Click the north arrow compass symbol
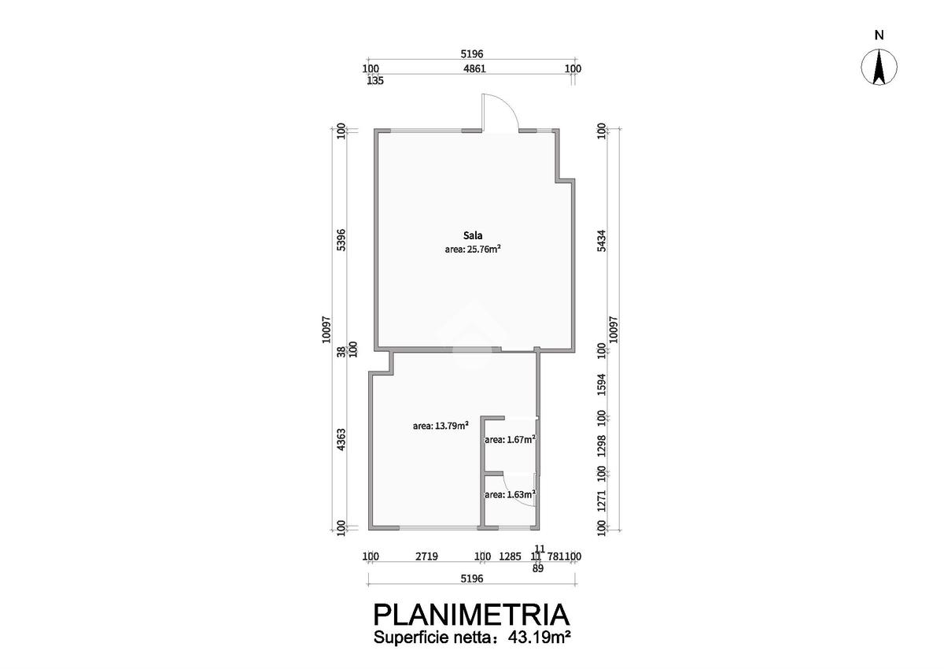[879, 66]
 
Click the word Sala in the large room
[472, 235]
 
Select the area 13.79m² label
[441, 426]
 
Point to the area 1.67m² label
[510, 439]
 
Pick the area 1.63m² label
[510, 494]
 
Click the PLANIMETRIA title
[471, 614]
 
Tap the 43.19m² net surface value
[536, 638]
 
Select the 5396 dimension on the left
[341, 239]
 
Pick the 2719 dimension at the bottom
[426, 556]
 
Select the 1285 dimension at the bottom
[511, 556]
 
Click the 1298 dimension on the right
[602, 445]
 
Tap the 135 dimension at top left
[375, 80]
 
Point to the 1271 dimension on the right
[602, 501]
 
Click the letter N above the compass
[879, 35]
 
